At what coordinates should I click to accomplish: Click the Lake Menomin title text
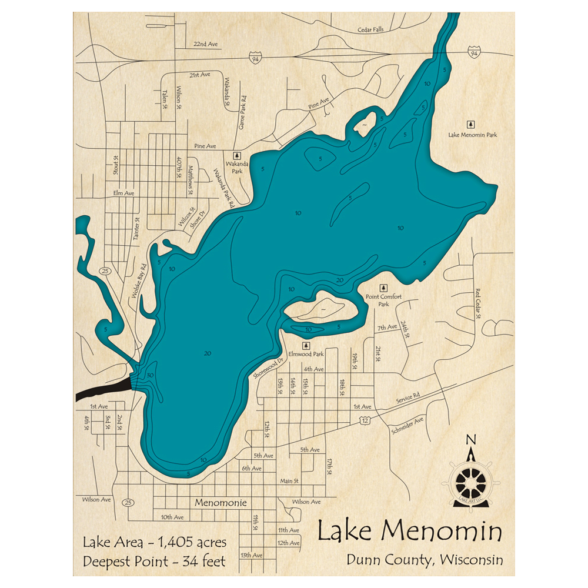tap(410, 532)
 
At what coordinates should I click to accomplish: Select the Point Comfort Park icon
tap(383, 288)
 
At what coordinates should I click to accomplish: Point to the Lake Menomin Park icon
tap(470, 124)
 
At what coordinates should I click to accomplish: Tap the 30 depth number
tap(151, 376)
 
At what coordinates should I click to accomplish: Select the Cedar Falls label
tap(370, 30)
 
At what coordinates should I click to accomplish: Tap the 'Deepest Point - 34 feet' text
tap(154, 561)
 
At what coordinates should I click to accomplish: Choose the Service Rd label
tap(408, 398)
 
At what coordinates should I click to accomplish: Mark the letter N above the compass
tap(470, 439)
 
